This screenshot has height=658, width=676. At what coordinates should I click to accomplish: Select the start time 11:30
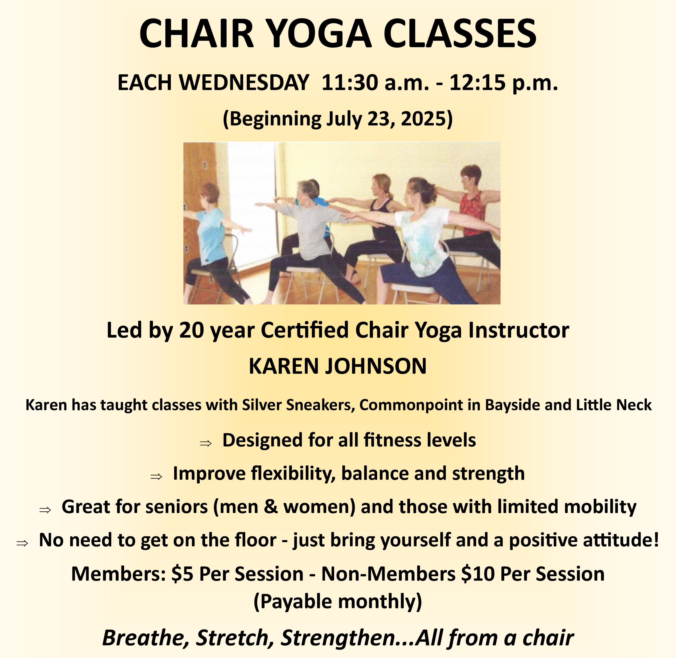click(350, 83)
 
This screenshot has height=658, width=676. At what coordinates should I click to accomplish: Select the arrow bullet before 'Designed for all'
click(206, 443)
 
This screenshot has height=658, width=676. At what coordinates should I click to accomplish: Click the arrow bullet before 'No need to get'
click(22, 543)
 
